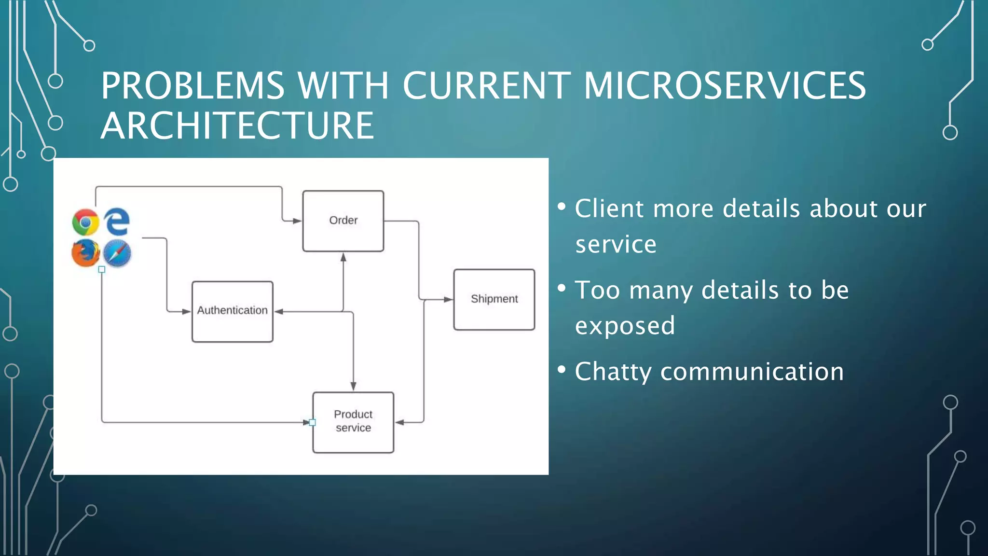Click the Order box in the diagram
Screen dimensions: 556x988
point(343,221)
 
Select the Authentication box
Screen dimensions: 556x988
point(232,311)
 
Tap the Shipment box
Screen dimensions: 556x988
point(494,299)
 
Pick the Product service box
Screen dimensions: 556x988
point(353,422)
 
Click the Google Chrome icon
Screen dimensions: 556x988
point(85,222)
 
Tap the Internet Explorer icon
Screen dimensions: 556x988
point(117,222)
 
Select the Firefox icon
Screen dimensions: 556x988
point(85,252)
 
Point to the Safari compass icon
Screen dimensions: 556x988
point(117,253)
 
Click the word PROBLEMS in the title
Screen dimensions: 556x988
point(193,86)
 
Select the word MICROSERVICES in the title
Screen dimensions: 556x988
point(725,86)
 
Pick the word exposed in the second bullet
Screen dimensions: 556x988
point(625,325)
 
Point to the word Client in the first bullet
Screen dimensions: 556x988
point(609,208)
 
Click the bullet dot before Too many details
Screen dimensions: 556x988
point(562,288)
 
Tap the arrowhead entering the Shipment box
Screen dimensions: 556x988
point(448,299)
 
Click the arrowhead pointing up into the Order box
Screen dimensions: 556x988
point(343,257)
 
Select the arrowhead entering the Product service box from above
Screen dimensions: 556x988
point(354,386)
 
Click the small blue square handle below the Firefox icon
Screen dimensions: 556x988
point(102,269)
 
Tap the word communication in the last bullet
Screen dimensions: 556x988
point(752,372)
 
